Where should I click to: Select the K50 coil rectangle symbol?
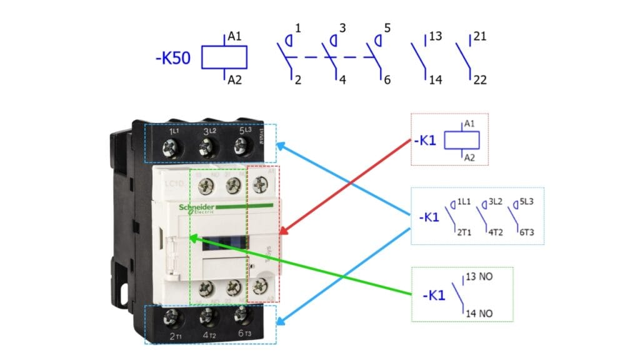[224, 57]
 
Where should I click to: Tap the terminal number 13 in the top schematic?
[436, 37]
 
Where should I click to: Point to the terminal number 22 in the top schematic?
[479, 80]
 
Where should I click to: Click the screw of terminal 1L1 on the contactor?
[169, 147]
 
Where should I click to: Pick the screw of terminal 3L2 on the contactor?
[204, 147]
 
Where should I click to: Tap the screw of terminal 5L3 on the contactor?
[239, 147]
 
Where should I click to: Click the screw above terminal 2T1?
[171, 317]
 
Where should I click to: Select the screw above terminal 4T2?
[206, 317]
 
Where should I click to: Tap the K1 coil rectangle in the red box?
[461, 141]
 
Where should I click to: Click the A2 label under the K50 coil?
[234, 80]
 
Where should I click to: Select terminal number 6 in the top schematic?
[387, 80]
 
